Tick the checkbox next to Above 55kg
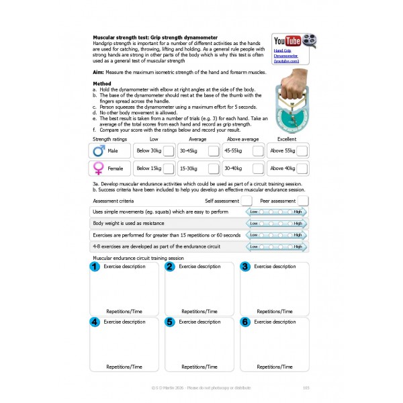tap(302, 150)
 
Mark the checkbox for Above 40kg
tap(302, 169)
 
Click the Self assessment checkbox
tap(247, 200)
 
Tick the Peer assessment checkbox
tap(303, 200)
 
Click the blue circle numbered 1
tap(95, 267)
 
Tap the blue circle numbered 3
tap(244, 267)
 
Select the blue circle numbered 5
tap(170, 322)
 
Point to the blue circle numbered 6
tap(244, 322)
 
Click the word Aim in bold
tap(98, 72)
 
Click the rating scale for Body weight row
tap(275, 223)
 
